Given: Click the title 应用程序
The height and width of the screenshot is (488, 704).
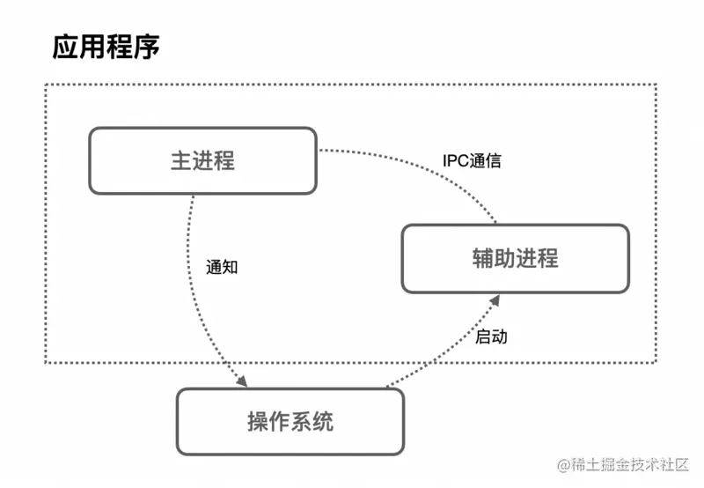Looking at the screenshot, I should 106,47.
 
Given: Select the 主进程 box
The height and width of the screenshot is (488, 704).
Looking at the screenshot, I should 203,161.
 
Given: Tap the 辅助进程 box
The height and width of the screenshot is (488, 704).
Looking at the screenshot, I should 515,258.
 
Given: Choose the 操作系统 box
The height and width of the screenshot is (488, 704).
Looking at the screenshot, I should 290,421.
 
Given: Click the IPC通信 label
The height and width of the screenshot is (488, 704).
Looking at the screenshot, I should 473,162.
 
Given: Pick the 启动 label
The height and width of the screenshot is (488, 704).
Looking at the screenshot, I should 491,336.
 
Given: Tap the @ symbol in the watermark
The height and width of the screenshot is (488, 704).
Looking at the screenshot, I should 561,464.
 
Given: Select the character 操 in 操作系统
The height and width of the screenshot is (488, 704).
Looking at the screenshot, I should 258,421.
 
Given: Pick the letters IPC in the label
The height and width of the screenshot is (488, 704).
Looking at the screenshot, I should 456,162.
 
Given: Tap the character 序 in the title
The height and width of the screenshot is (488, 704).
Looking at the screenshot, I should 146,47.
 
